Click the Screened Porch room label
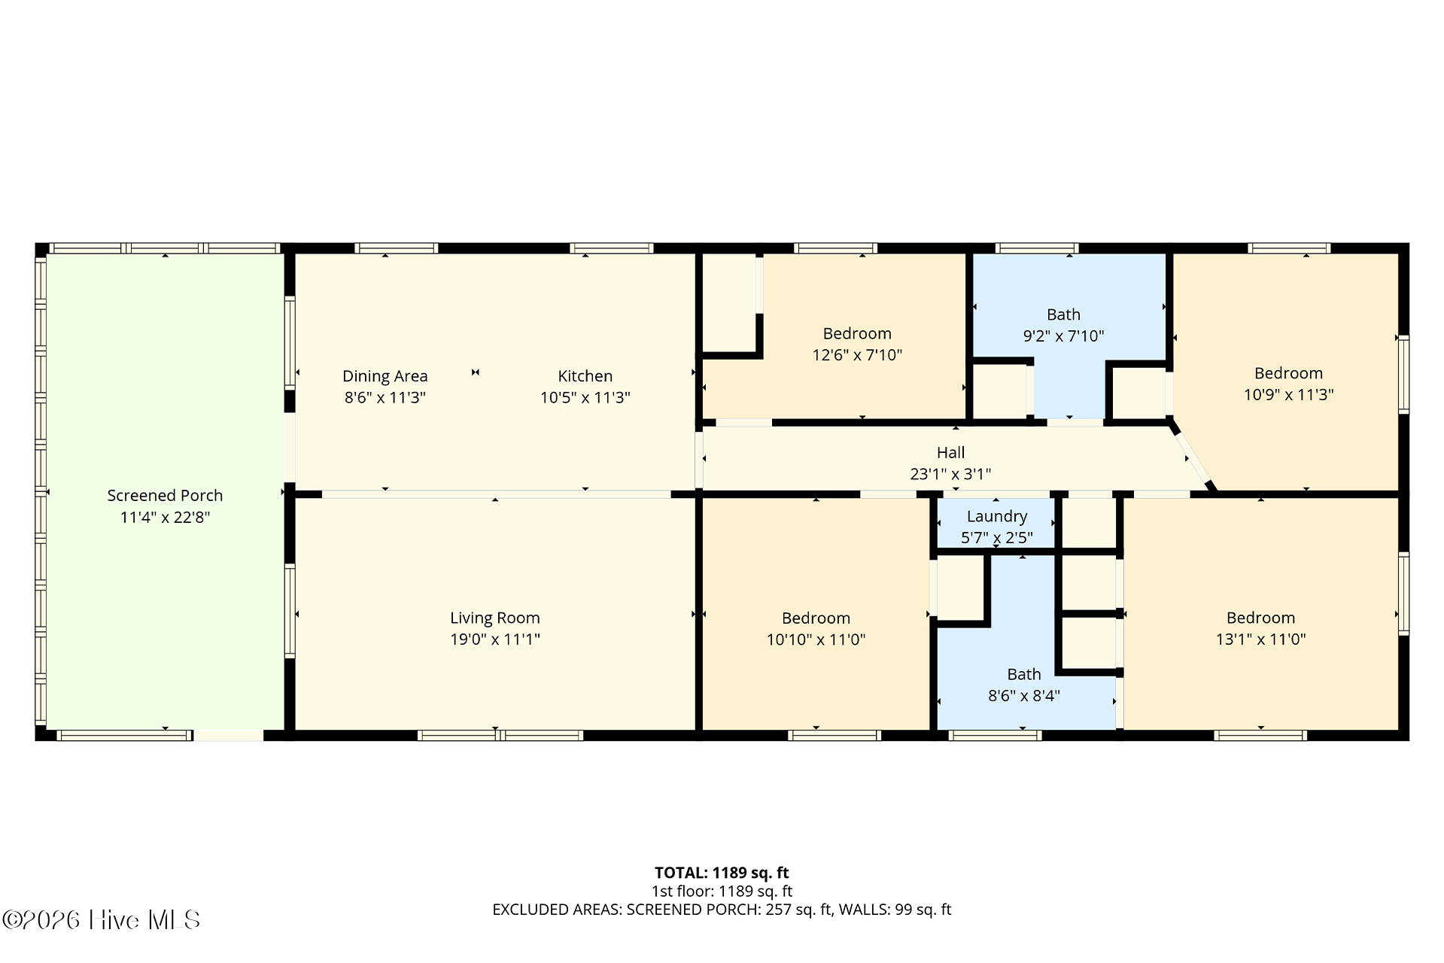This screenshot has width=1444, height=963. (165, 496)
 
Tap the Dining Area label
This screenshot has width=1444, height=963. (385, 376)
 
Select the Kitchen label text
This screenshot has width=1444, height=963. (585, 376)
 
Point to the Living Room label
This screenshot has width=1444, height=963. (495, 618)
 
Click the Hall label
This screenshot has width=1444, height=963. (950, 452)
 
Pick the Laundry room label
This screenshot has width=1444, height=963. (997, 516)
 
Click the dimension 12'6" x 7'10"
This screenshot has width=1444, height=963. (857, 354)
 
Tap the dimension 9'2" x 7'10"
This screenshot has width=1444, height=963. (1063, 336)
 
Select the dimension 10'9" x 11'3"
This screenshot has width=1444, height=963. (1288, 394)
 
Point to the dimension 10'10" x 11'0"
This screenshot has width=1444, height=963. (816, 639)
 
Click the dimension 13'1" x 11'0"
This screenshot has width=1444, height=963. (1260, 639)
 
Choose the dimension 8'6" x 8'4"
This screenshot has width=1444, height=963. (1024, 695)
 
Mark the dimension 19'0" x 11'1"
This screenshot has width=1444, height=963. (495, 639)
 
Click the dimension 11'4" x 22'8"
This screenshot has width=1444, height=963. (165, 517)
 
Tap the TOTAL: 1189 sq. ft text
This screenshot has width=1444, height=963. (722, 873)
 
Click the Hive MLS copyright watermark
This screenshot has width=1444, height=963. (102, 919)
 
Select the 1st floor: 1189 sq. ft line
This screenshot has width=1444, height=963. (722, 892)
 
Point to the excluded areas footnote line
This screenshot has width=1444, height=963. (722, 910)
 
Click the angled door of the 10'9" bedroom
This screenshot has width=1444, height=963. (1192, 457)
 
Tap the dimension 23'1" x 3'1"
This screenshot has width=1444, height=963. (950, 474)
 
